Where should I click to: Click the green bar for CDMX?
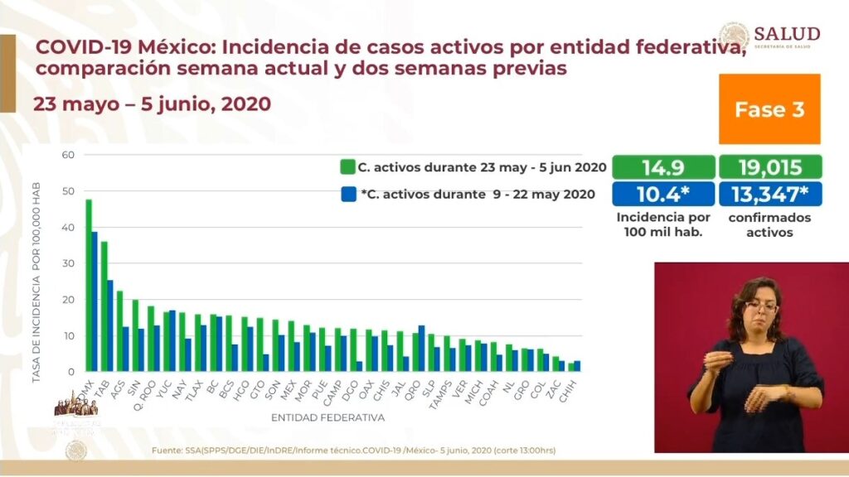pyautogui.click(x=88, y=286)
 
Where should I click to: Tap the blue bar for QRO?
pyautogui.click(x=421, y=349)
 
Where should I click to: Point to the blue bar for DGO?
pyautogui.click(x=359, y=366)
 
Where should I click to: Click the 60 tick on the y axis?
pyautogui.click(x=69, y=155)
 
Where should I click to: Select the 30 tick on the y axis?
pyautogui.click(x=69, y=263)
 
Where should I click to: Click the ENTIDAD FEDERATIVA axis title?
pyautogui.click(x=327, y=417)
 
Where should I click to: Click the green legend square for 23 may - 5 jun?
pyautogui.click(x=348, y=166)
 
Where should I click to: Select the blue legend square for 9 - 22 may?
pyautogui.click(x=348, y=194)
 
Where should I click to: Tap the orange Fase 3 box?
pyautogui.click(x=769, y=109)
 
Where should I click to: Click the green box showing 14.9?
pyautogui.click(x=662, y=167)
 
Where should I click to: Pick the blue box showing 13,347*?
pyautogui.click(x=770, y=194)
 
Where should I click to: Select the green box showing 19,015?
pyautogui.click(x=770, y=167)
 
